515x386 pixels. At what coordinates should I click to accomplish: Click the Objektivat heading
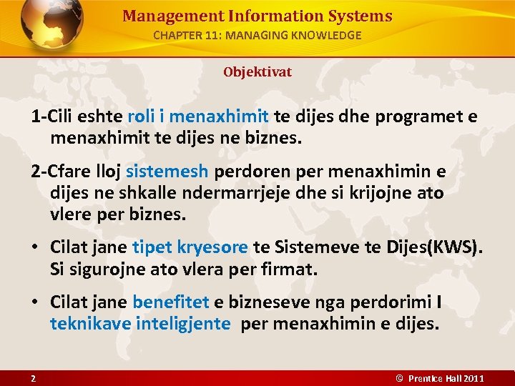(257, 72)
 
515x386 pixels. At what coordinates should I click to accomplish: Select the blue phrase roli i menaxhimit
(198, 117)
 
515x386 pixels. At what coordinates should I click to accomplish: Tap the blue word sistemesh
(167, 172)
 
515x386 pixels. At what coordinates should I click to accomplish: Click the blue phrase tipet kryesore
(190, 247)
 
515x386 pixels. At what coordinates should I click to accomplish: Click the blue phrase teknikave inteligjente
(140, 324)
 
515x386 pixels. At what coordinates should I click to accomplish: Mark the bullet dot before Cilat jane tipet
(34, 248)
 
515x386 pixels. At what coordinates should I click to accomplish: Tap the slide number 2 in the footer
(33, 377)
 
